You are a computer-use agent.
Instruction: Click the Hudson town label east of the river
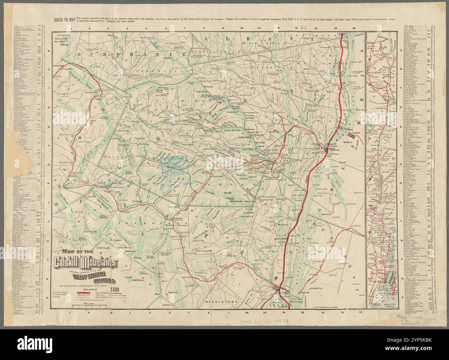[356, 133]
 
